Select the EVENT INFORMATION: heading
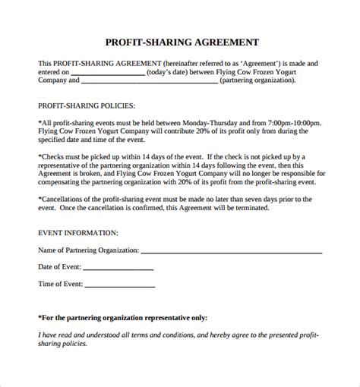click(78, 232)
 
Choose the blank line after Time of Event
click(120, 287)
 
